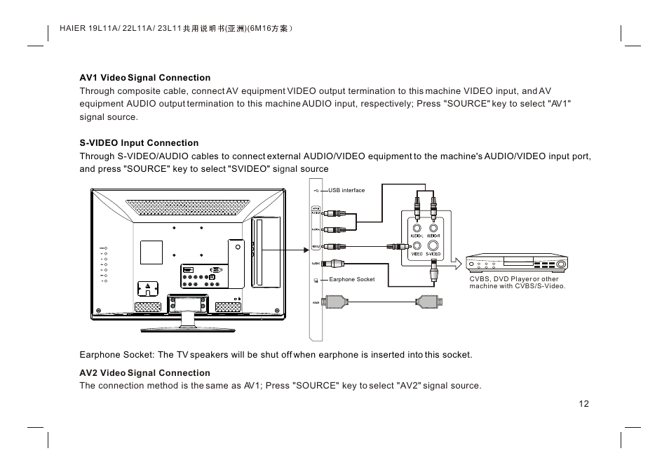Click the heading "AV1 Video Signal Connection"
(144, 78)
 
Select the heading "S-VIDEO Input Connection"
(139, 143)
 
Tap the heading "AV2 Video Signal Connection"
(144, 373)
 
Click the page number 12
(584, 404)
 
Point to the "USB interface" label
(346, 190)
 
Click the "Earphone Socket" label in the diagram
(352, 280)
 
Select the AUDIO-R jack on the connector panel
(435, 227)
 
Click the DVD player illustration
(517, 263)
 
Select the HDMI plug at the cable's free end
(428, 302)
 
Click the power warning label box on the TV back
(148, 288)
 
